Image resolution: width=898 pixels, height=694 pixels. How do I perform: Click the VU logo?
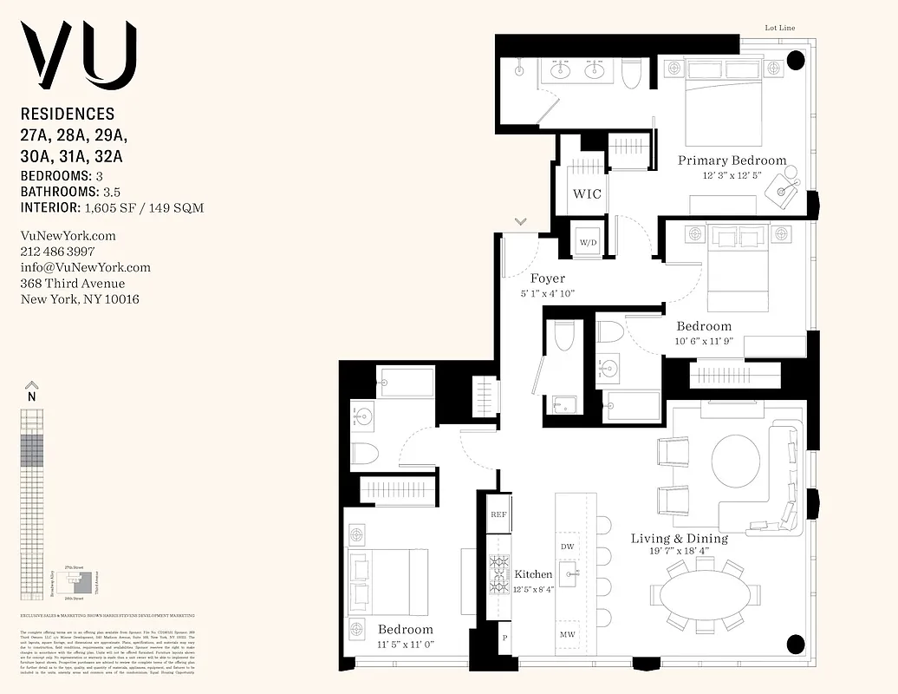point(79,56)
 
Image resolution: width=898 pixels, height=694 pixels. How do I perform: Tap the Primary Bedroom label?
point(732,160)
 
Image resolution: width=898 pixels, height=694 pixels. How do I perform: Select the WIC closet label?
point(587,193)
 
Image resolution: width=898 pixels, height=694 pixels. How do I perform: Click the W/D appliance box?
point(588,241)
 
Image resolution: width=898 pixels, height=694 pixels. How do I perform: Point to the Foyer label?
point(547,278)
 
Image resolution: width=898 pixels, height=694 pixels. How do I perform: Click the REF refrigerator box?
point(498,514)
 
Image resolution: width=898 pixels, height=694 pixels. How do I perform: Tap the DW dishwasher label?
point(568,547)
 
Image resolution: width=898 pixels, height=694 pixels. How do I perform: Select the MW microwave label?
point(568,636)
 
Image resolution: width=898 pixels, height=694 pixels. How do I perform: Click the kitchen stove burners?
point(499,573)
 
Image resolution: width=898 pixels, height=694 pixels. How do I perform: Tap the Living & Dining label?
point(679,539)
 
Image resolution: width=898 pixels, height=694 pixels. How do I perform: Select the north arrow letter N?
point(32,396)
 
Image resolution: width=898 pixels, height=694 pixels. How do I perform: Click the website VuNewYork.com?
point(68,236)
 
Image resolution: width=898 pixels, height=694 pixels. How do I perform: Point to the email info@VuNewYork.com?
point(85,267)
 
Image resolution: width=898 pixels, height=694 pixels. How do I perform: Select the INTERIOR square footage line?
point(113,207)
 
